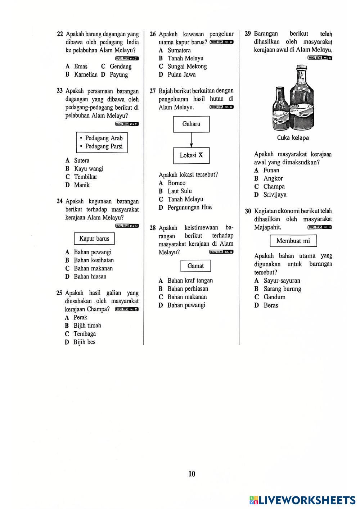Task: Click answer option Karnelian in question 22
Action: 86,75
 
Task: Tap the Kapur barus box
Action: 94,238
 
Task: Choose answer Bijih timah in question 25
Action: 87,326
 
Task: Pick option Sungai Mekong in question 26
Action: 187,67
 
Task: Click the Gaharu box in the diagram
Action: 191,124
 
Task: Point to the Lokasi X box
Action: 191,155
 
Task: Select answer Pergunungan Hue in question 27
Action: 189,208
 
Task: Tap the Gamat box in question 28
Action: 195,266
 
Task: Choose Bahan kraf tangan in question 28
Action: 190,281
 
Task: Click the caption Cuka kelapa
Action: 293,138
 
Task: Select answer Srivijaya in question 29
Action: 275,195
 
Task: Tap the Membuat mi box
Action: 293,241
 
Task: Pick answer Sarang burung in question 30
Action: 282,289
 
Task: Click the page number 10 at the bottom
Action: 192,474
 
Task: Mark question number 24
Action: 60,201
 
